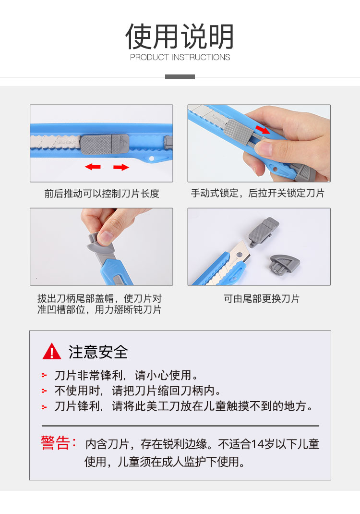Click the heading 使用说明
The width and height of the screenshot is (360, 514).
pyautogui.click(x=180, y=36)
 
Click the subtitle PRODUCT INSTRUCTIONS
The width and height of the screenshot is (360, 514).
pyautogui.click(x=180, y=57)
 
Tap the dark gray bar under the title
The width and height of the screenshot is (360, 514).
pyautogui.click(x=180, y=77)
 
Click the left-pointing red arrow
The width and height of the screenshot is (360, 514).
pyautogui.click(x=93, y=167)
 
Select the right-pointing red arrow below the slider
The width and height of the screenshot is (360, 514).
pyautogui.click(x=121, y=168)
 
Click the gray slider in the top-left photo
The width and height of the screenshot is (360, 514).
pyautogui.click(x=105, y=144)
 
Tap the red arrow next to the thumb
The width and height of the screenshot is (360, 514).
pyautogui.click(x=263, y=130)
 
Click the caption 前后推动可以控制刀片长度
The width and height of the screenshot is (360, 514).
pyautogui.click(x=102, y=194)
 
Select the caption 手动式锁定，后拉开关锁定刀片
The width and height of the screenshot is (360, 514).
pyautogui.click(x=257, y=193)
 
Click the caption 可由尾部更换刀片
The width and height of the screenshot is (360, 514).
pyautogui.click(x=262, y=299)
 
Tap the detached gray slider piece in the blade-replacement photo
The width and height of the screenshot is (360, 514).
pyautogui.click(x=263, y=231)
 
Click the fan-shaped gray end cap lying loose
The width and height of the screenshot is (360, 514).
pyautogui.click(x=284, y=264)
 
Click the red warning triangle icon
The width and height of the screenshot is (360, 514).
pyautogui.click(x=52, y=352)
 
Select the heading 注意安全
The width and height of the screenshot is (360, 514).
pyautogui.click(x=98, y=352)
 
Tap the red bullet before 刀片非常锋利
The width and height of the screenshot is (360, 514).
pyautogui.click(x=44, y=375)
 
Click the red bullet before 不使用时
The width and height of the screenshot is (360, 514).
pyautogui.click(x=44, y=391)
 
